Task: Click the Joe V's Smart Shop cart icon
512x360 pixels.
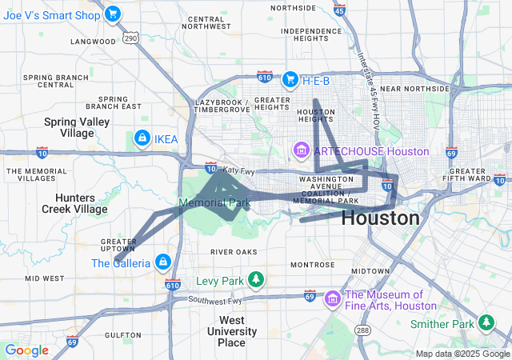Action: click(113, 13)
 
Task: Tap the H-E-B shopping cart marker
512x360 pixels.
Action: click(290, 79)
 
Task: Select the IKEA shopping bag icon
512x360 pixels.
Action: click(142, 139)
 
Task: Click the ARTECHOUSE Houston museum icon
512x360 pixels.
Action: click(302, 150)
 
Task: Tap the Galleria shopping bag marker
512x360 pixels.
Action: click(162, 262)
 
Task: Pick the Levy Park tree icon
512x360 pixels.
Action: click(255, 281)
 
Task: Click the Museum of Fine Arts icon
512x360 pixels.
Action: click(333, 299)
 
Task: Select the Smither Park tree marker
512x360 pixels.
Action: click(486, 323)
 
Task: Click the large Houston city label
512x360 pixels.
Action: click(381, 218)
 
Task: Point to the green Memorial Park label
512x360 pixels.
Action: click(214, 203)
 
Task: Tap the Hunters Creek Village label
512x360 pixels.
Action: click(69, 202)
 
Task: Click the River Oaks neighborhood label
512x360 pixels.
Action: click(234, 252)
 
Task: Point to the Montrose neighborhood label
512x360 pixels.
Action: click(313, 265)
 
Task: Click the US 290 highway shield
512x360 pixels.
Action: click(131, 38)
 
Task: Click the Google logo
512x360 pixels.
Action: click(26, 350)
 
